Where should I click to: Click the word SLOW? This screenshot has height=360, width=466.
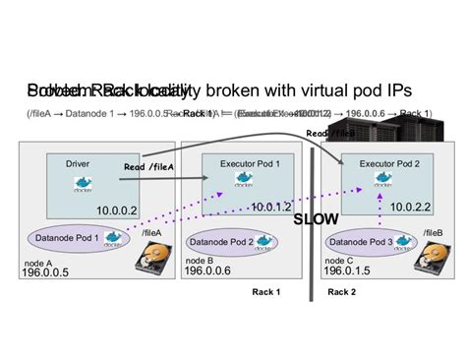317,218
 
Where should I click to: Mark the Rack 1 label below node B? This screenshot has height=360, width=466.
265,292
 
